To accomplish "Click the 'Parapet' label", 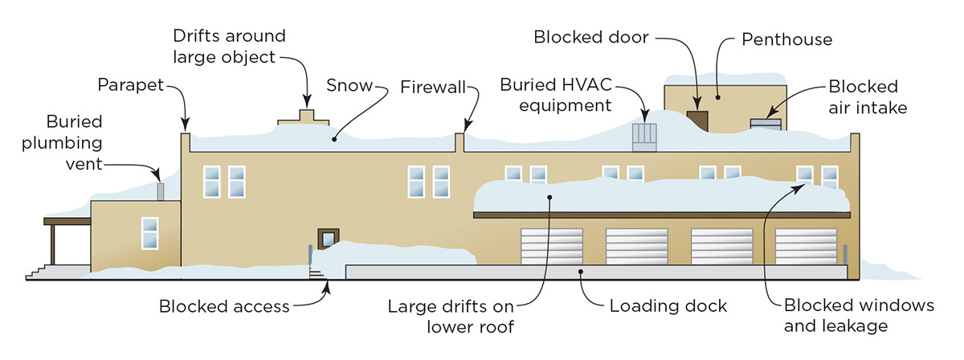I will (x=131, y=84).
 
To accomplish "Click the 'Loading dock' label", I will (x=668, y=306).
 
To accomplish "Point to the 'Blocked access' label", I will (x=224, y=306).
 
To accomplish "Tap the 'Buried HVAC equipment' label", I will (x=556, y=94).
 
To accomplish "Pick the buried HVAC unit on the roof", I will (x=645, y=137).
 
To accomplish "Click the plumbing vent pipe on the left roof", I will (x=160, y=191).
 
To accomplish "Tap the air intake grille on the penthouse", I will (x=765, y=124).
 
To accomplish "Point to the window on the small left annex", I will (x=149, y=232).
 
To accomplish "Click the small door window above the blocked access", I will (x=329, y=239).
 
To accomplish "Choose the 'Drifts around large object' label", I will (x=229, y=47).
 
